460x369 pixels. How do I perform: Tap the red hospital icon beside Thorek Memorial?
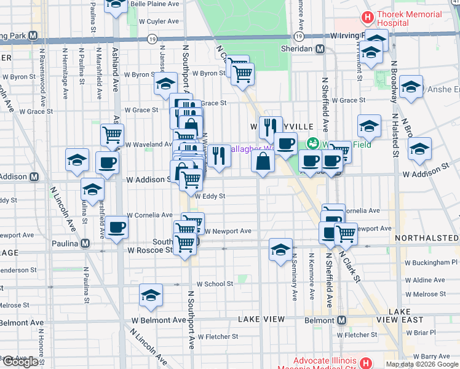(368, 17)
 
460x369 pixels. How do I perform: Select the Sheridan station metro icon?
(320, 49)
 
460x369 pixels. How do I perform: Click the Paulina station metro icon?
(86, 243)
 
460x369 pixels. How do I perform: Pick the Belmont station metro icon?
(342, 320)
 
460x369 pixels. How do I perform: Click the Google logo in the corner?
(20, 362)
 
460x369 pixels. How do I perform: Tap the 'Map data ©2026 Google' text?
(421, 364)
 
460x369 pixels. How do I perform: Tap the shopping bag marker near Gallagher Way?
(263, 161)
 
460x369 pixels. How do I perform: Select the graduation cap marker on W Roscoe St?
(280, 250)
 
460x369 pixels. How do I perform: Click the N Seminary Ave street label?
(295, 277)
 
